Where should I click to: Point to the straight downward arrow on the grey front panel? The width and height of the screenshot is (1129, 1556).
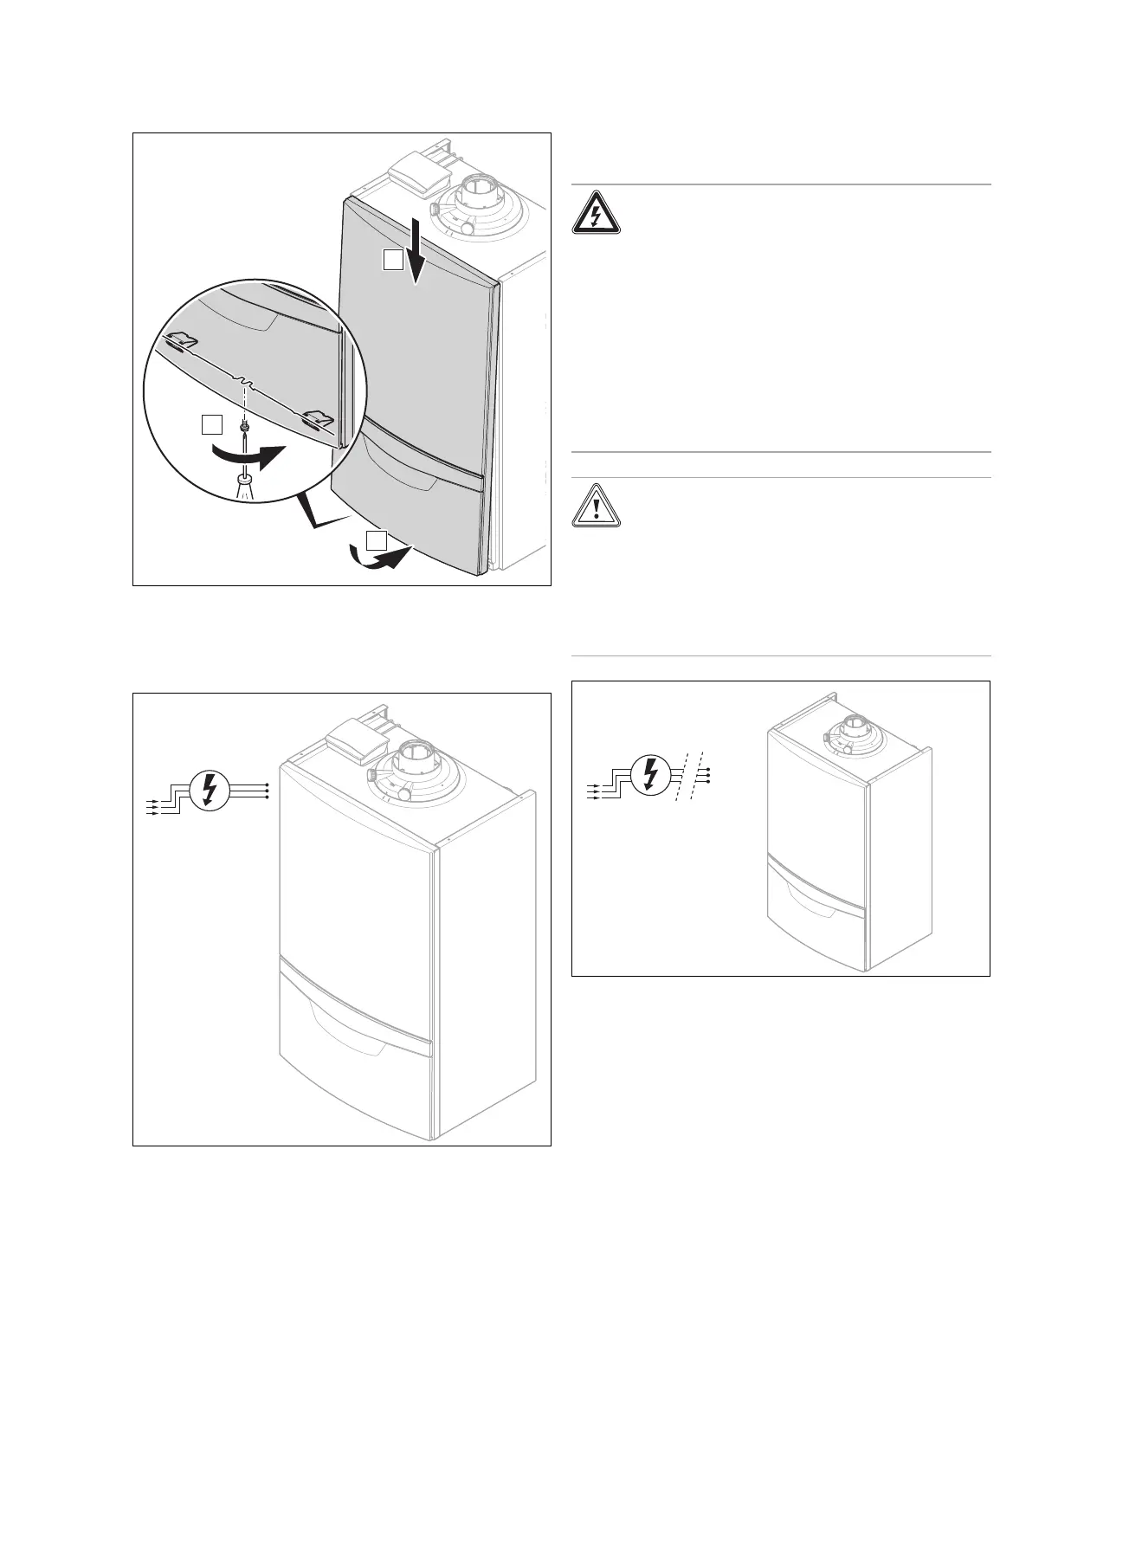pyautogui.click(x=418, y=250)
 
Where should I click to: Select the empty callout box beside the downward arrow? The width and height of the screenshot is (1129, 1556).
pyautogui.click(x=394, y=259)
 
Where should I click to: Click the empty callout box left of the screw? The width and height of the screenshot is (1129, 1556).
pyautogui.click(x=211, y=424)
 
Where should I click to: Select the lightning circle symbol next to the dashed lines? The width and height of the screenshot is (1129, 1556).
pyautogui.click(x=650, y=775)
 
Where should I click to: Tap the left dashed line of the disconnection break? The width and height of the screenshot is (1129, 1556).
pyautogui.click(x=675, y=776)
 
